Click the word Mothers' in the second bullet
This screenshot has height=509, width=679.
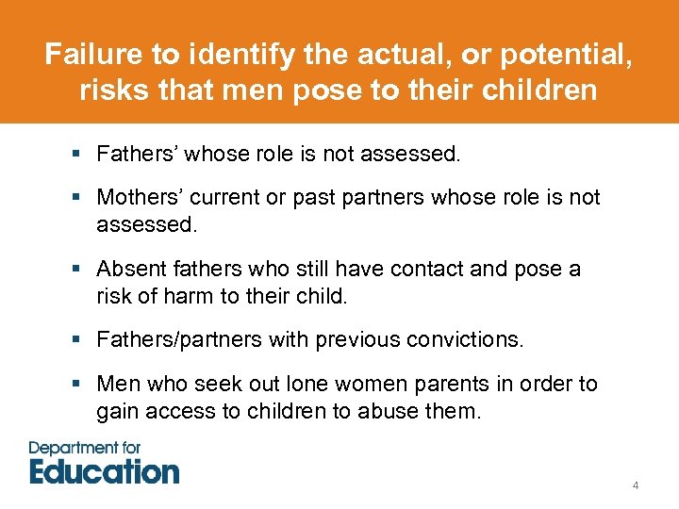click(x=137, y=198)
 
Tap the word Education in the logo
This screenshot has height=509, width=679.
click(x=104, y=469)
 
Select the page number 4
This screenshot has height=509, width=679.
click(x=636, y=485)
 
